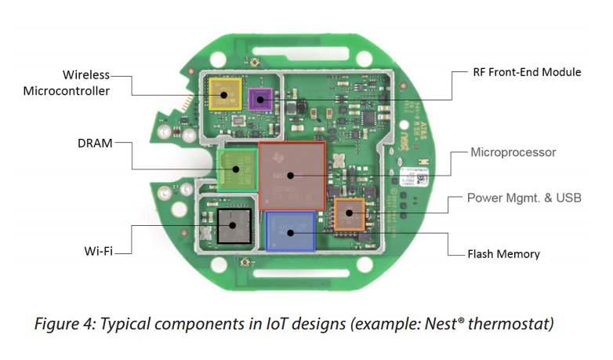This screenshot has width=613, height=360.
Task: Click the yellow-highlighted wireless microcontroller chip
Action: coord(225,94)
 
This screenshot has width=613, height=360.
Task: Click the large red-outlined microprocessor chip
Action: coord(291,176)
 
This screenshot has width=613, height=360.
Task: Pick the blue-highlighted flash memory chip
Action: coord(290,231)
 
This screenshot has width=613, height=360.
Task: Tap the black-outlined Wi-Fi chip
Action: coord(234,225)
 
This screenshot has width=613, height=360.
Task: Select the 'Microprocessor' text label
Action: coord(513,151)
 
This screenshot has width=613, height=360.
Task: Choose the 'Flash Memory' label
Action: coord(503,253)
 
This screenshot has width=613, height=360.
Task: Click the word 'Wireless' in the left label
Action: coord(86,75)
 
